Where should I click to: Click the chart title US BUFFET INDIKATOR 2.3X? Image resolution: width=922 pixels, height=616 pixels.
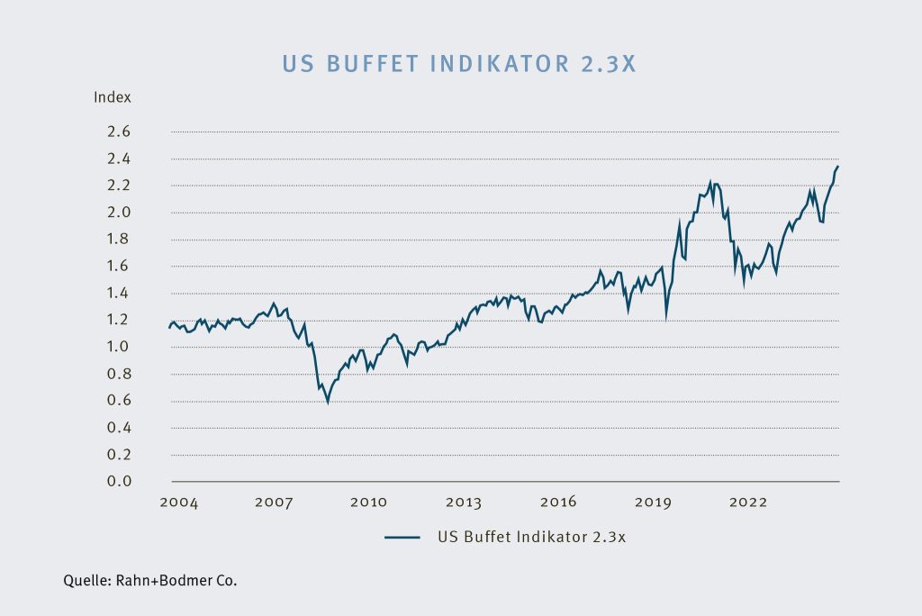[460, 64]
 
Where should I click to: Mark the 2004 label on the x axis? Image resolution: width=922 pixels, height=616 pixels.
[179, 503]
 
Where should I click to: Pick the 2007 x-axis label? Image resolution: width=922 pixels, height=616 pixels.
[274, 503]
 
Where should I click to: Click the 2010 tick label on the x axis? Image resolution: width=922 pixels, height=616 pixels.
[368, 503]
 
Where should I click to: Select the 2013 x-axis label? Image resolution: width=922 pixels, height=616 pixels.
[463, 503]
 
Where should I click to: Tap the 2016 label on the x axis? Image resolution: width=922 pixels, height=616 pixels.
[557, 503]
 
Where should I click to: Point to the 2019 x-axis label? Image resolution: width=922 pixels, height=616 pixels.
[652, 503]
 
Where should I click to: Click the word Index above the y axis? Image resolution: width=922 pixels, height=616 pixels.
[113, 96]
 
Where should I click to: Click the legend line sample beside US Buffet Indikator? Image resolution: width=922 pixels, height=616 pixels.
[402, 537]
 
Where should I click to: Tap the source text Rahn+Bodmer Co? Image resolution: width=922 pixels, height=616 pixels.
[176, 581]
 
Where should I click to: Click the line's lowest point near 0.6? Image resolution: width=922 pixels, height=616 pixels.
[328, 402]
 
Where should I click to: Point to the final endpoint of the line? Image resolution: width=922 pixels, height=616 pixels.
[838, 167]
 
